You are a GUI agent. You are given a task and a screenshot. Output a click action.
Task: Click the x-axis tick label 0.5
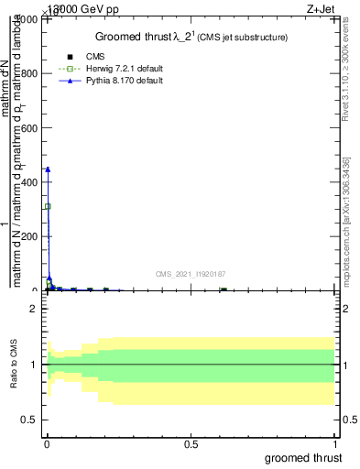pyautogui.click(x=191, y=442)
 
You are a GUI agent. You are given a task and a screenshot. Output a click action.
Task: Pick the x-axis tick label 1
pyautogui.click(x=334, y=442)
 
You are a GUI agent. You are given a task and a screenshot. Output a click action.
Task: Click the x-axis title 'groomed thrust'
pyautogui.click(x=303, y=457)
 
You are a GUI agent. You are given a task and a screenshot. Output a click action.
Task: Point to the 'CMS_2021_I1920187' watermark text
pyautogui.click(x=191, y=274)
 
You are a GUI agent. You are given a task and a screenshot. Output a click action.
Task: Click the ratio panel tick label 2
pyautogui.click(x=33, y=309)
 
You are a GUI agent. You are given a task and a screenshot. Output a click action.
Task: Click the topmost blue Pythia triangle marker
pyautogui.click(x=48, y=169)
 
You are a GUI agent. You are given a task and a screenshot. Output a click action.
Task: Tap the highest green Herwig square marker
pyautogui.click(x=48, y=206)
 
